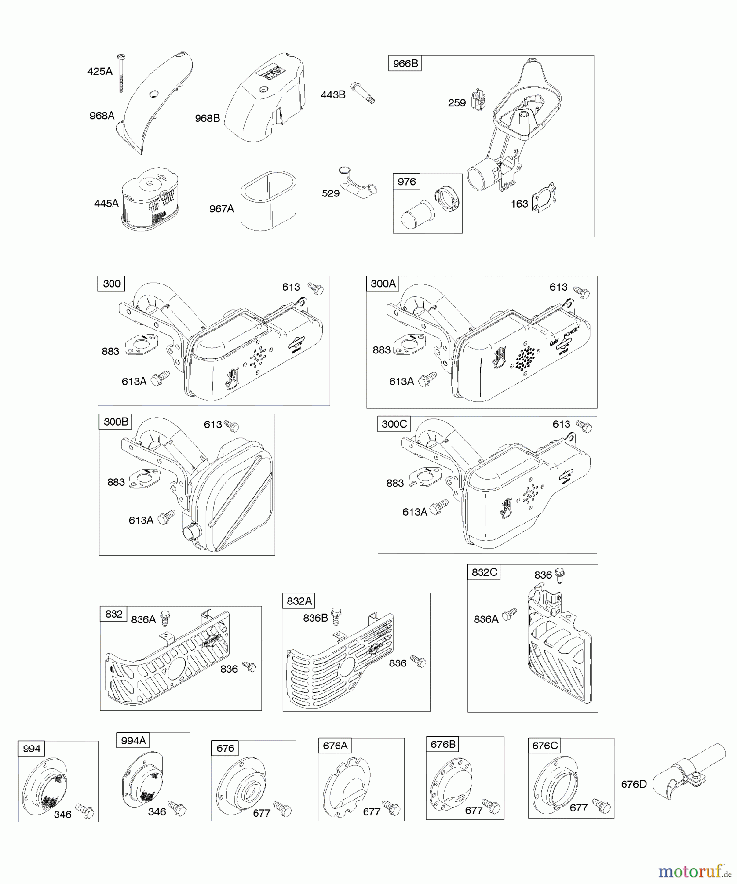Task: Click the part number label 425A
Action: click(100, 71)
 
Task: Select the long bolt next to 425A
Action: click(121, 73)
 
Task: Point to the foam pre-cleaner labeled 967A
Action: click(269, 200)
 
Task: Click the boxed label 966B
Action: click(405, 63)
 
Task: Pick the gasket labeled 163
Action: click(546, 198)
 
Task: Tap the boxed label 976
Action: click(407, 182)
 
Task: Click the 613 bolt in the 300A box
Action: click(582, 293)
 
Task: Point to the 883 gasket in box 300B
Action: click(144, 478)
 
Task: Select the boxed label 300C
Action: click(394, 424)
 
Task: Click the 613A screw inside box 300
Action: click(159, 378)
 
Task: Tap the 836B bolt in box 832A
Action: click(337, 616)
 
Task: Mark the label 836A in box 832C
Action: click(486, 619)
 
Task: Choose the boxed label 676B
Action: click(443, 745)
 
